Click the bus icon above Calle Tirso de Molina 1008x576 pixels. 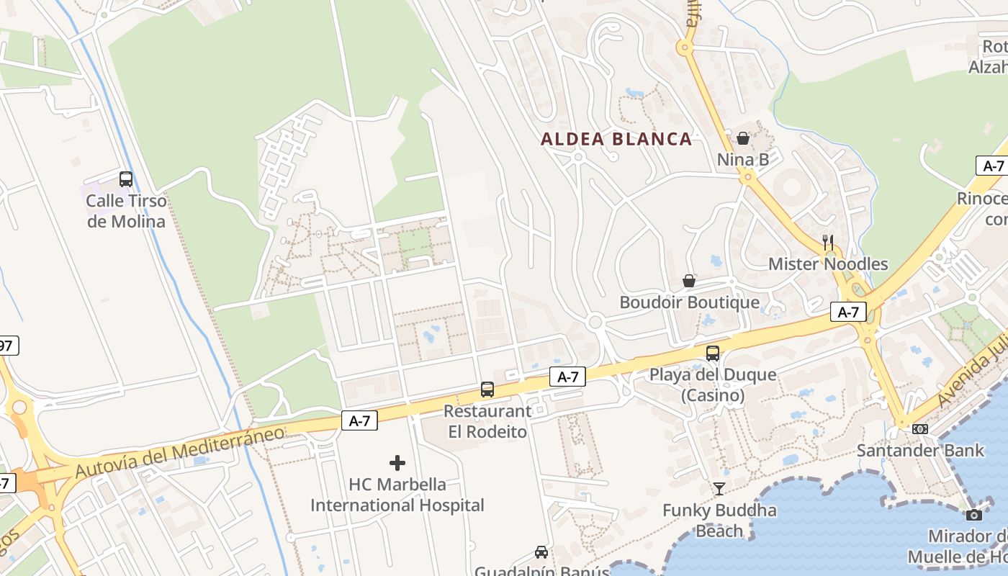pyautogui.click(x=126, y=179)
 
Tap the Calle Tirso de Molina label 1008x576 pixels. pyautogui.click(x=126, y=211)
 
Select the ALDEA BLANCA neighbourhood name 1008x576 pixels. pyautogui.click(x=616, y=139)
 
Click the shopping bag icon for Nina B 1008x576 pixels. pyautogui.click(x=743, y=138)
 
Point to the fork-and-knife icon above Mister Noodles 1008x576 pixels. pyautogui.click(x=828, y=242)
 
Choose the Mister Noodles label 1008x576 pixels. pyautogui.click(x=828, y=264)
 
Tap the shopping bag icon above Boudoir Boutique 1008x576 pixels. pyautogui.click(x=689, y=281)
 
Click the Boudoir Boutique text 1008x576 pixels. pyautogui.click(x=689, y=302)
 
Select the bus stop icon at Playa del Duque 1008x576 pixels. pyautogui.click(x=713, y=354)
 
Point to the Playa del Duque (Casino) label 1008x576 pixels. pyautogui.click(x=713, y=384)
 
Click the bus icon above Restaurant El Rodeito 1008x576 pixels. pyautogui.click(x=487, y=390)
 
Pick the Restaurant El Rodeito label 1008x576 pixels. pyautogui.click(x=487, y=421)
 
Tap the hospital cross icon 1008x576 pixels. pyautogui.click(x=397, y=463)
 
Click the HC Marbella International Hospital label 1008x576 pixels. pyautogui.click(x=397, y=495)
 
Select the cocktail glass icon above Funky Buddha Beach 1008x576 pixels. pyautogui.click(x=719, y=490)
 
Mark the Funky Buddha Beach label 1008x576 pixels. pyautogui.click(x=719, y=521)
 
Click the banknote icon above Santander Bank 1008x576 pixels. pyautogui.click(x=920, y=429)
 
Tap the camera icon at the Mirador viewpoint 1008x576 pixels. pyautogui.click(x=973, y=515)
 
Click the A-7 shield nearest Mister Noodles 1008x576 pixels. pyautogui.click(x=848, y=312)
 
